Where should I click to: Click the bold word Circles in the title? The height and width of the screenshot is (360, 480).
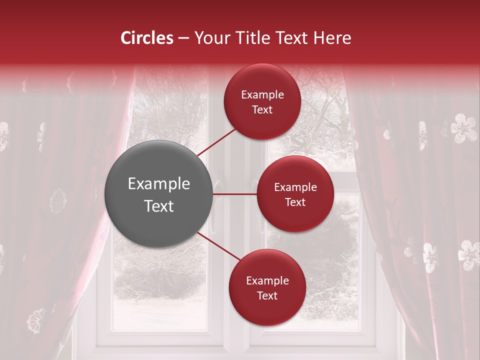147,38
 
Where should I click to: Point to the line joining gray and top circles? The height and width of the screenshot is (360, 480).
216,142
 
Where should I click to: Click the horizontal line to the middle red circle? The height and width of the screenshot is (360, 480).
235,194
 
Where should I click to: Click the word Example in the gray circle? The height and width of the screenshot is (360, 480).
159,184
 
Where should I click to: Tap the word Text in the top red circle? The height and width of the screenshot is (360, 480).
262,109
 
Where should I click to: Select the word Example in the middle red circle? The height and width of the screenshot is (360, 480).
295,187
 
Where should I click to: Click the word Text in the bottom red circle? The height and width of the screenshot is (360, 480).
267,295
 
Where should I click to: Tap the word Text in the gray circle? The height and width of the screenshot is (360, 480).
159,206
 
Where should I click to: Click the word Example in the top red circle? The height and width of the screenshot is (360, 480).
262,95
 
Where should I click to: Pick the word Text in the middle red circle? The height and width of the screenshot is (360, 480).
295,202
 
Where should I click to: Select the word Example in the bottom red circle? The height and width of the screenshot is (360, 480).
267,281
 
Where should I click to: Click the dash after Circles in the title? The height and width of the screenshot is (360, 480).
183,38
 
